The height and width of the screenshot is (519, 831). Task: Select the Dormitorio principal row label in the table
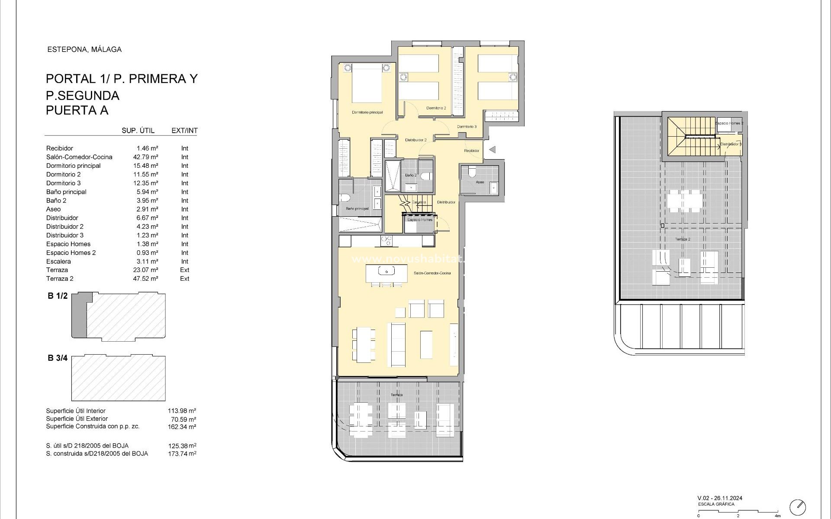[x=73, y=166]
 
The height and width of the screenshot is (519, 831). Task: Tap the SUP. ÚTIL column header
[x=138, y=131]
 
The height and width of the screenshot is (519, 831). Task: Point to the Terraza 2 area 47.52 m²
[x=145, y=279]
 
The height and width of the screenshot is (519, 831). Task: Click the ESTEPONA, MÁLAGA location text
[x=84, y=49]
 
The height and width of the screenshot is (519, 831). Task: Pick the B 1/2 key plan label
[x=58, y=296]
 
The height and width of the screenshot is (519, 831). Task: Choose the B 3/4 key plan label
[x=58, y=358]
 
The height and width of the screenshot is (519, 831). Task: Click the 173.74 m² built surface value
[x=182, y=454]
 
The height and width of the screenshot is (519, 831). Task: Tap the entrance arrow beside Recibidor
[x=492, y=150]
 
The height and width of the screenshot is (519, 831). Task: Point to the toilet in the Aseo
[x=472, y=172]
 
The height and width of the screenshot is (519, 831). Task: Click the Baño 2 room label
[x=411, y=175]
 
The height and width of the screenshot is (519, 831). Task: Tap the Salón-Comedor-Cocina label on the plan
[x=432, y=273]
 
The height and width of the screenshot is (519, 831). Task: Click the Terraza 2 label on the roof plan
[x=683, y=239]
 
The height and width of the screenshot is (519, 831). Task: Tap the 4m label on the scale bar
[x=777, y=516]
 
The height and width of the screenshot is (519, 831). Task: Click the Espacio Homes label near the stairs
[x=419, y=220]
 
